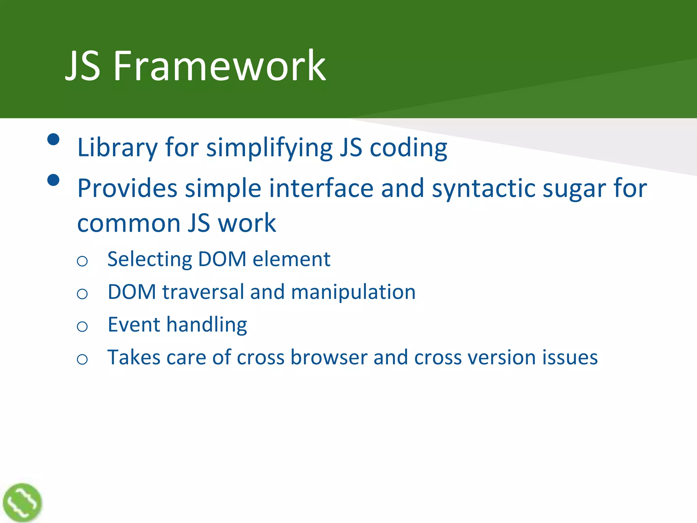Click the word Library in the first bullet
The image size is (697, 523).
pos(117,148)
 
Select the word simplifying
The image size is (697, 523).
pos(269,148)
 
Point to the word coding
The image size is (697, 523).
pos(408,148)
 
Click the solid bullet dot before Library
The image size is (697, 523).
pos(53,139)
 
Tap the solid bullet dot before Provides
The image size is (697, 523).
pos(53,180)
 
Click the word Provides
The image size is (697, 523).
pos(127,188)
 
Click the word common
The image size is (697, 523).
pos(129,223)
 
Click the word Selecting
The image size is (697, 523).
pos(150,259)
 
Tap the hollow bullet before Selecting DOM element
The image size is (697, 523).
pos(82,261)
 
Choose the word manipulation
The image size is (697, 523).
pos(353,292)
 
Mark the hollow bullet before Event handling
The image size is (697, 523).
pos(82,327)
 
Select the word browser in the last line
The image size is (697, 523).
pos(329,358)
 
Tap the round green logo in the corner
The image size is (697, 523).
pos(22,503)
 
